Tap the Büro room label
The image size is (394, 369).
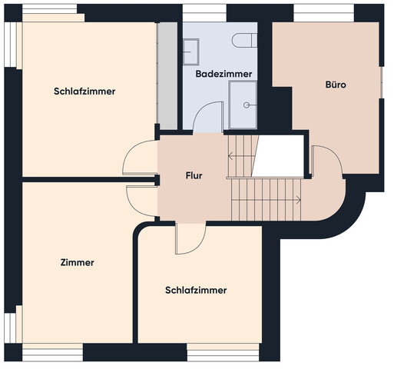point(335,85)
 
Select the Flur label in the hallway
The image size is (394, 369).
point(194,176)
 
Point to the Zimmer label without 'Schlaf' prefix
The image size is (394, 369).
point(77,263)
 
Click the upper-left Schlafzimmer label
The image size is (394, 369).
point(84,91)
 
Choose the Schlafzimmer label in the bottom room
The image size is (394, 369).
point(196,291)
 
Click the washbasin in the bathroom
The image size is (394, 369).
point(191,50)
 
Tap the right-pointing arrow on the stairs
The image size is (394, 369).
point(297,200)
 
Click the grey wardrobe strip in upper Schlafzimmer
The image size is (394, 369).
point(167,75)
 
